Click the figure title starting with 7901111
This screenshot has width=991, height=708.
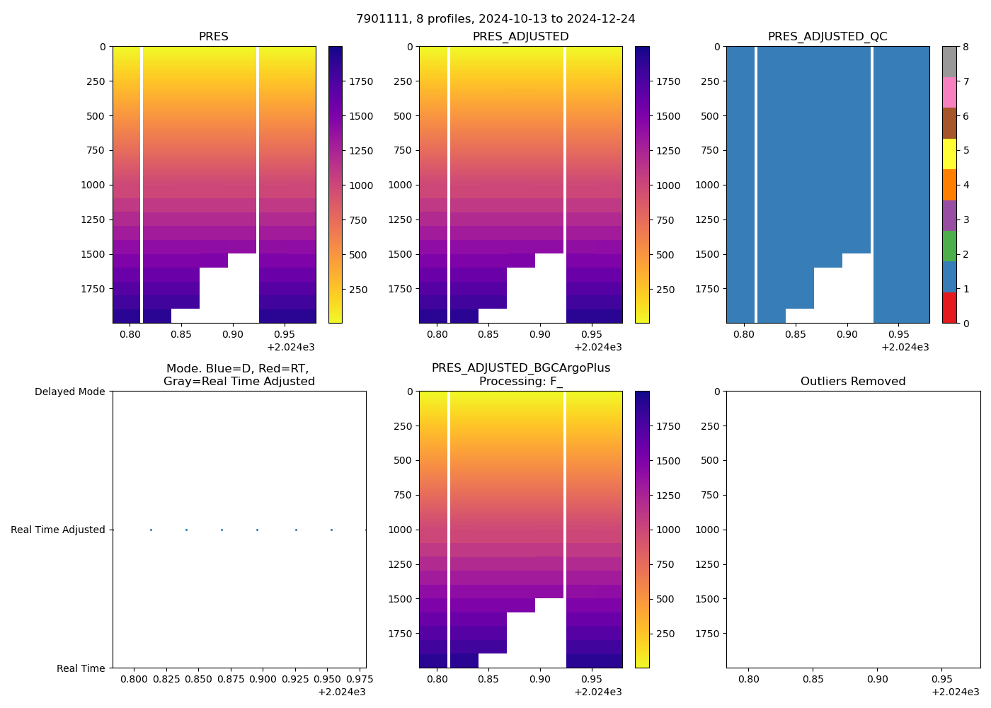pyautogui.click(x=495, y=19)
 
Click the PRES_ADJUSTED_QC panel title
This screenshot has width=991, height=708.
pyautogui.click(x=827, y=37)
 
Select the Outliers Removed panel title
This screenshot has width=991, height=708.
pyautogui.click(x=853, y=382)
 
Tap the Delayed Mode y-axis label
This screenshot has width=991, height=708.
pyautogui.click(x=69, y=392)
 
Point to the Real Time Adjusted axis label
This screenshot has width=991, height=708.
pyautogui.click(x=57, y=530)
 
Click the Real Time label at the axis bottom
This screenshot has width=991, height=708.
pyautogui.click(x=81, y=668)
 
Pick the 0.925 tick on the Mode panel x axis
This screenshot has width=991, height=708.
pyautogui.click(x=295, y=680)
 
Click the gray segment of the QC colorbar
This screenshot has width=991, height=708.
pyautogui.click(x=949, y=62)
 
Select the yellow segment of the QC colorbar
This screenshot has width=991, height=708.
pyautogui.click(x=949, y=154)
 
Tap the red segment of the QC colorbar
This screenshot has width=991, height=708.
pyautogui.click(x=949, y=308)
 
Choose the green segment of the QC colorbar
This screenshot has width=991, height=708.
pyautogui.click(x=949, y=246)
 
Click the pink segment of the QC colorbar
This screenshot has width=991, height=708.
pyautogui.click(x=949, y=92)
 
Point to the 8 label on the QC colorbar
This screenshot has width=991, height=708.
pyautogui.click(x=966, y=47)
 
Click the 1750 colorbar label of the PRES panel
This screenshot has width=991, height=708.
pyautogui.click(x=361, y=81)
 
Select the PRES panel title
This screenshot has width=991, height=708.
pyautogui.click(x=213, y=37)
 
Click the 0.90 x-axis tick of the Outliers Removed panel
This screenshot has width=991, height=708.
pyautogui.click(x=877, y=680)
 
